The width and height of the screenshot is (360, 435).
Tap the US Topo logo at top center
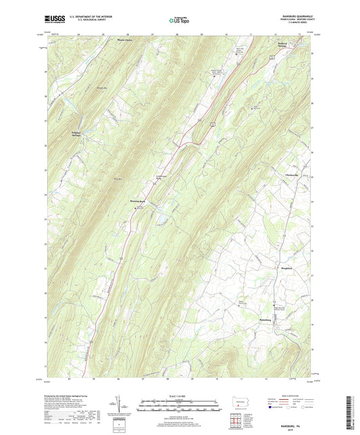point(179,21)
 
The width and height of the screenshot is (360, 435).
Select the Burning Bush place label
point(137,201)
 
